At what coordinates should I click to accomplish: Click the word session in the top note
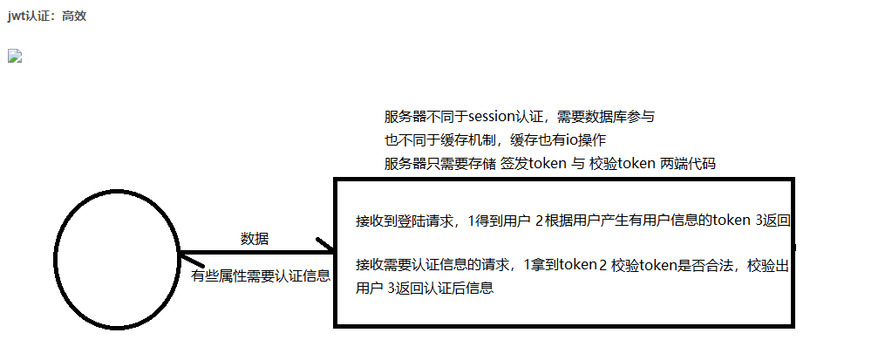click(494, 117)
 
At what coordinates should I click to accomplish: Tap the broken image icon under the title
click(13, 57)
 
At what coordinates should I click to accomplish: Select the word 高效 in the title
click(74, 16)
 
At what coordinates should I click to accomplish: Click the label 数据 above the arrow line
click(254, 238)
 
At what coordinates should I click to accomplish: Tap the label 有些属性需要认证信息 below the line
click(261, 275)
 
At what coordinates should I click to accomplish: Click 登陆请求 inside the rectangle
click(430, 221)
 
